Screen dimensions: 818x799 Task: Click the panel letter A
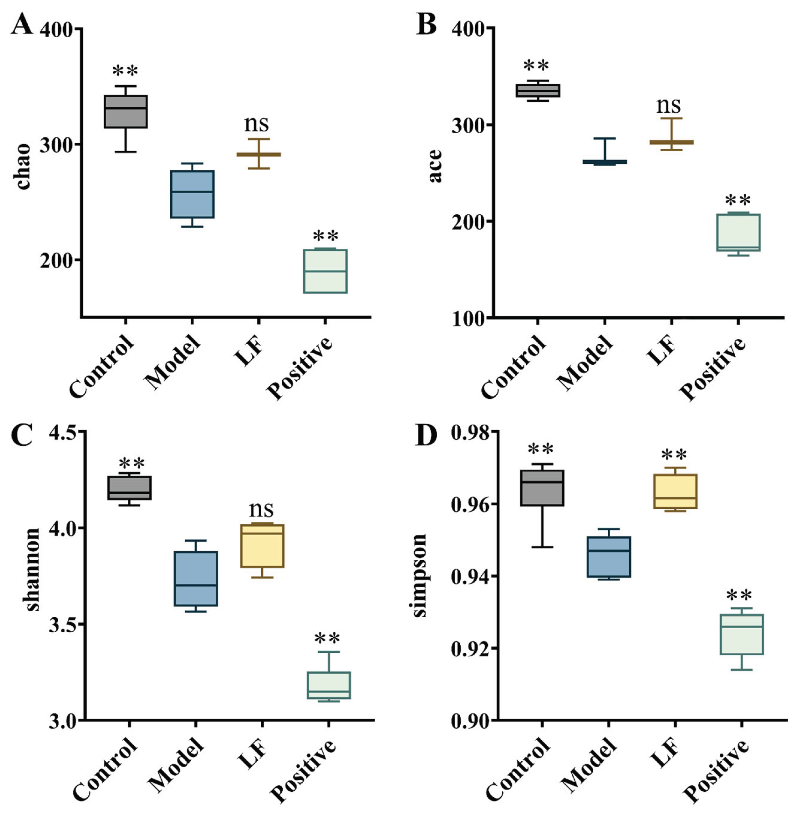(x=22, y=24)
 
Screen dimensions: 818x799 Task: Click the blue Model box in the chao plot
(x=192, y=194)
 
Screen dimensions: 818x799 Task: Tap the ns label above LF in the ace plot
(x=668, y=105)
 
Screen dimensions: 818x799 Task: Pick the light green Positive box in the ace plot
(x=738, y=233)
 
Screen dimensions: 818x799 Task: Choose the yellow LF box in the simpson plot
(x=675, y=491)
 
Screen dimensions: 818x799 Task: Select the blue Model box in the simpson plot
(x=609, y=557)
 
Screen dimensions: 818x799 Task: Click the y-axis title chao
(x=24, y=167)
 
